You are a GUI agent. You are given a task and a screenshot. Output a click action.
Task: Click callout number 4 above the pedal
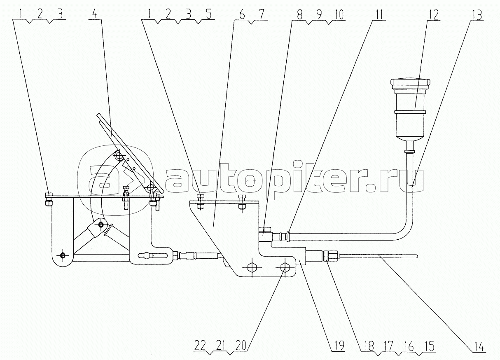click(95, 14)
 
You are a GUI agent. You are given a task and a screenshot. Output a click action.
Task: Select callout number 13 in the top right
click(477, 15)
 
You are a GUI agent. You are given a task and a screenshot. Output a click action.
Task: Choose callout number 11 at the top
click(379, 15)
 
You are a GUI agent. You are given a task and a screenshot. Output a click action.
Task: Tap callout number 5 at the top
click(208, 14)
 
